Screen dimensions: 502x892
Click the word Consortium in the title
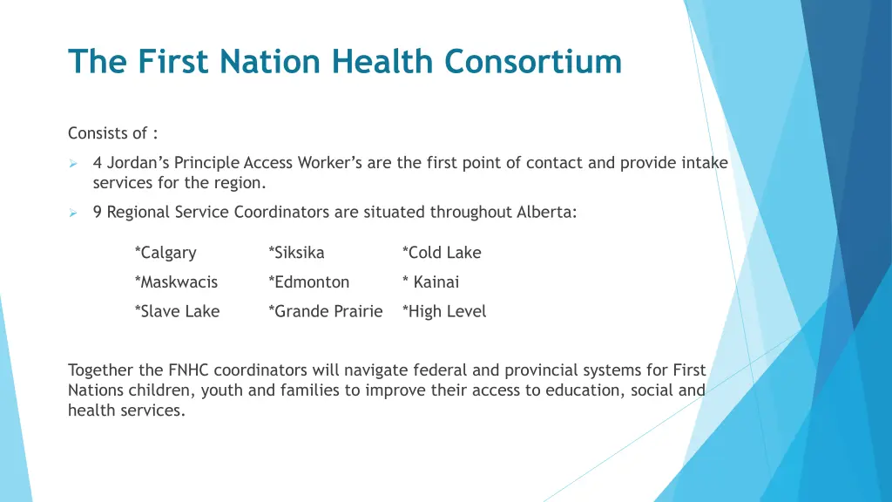pyautogui.click(x=532, y=62)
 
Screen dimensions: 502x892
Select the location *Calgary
pyautogui.click(x=166, y=253)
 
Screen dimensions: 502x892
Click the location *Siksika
pyautogui.click(x=296, y=253)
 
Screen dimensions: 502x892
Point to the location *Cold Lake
pyautogui.click(x=442, y=253)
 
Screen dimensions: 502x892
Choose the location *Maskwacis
pyautogui.click(x=176, y=282)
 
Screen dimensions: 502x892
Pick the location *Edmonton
pyautogui.click(x=309, y=282)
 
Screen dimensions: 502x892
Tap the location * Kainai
pyautogui.click(x=430, y=282)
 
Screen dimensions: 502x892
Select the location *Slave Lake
pyautogui.click(x=177, y=311)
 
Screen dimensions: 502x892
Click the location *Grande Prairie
pyautogui.click(x=326, y=311)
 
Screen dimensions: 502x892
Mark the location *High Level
pyautogui.click(x=444, y=311)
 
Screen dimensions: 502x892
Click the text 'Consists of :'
pyautogui.click(x=113, y=133)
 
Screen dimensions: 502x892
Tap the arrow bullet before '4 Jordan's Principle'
pyautogui.click(x=74, y=163)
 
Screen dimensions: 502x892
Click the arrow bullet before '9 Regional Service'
pyautogui.click(x=74, y=212)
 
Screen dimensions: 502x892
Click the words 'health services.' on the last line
pyautogui.click(x=126, y=410)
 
